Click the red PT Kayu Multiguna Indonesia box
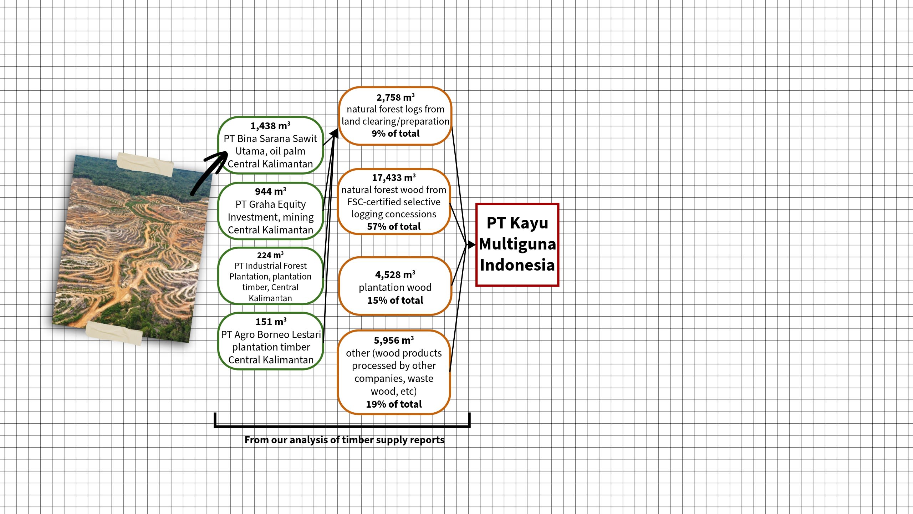pos(517,245)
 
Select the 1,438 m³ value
pos(270,126)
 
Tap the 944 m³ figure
pos(270,192)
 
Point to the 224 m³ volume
pos(270,255)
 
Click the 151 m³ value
pos(271,322)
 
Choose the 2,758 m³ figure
pos(395,97)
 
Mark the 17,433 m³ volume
pos(394,178)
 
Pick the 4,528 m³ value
pos(395,275)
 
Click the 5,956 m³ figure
pos(394,341)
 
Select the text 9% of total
pos(395,133)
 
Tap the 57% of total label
pos(394,227)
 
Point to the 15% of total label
pos(395,301)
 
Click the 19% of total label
pos(394,404)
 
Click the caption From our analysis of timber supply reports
pos(344,440)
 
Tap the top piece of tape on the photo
pos(145,165)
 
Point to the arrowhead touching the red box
pos(471,245)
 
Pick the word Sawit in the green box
pos(305,138)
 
